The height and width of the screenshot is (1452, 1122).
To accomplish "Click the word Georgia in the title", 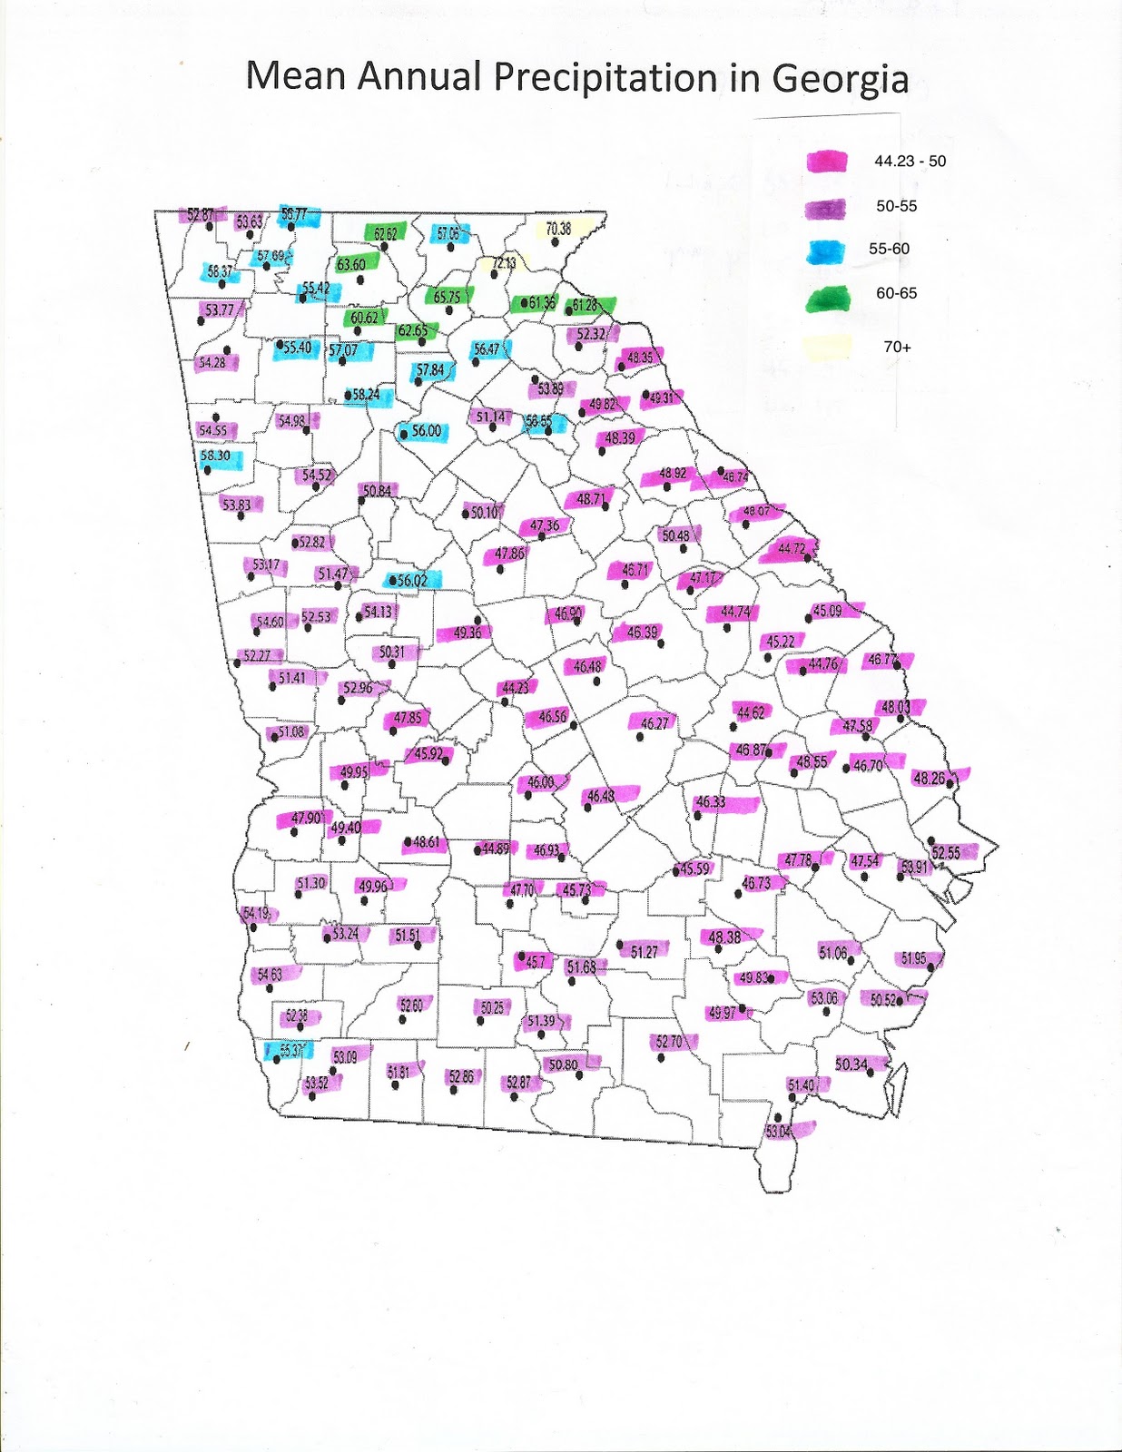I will pos(840,79).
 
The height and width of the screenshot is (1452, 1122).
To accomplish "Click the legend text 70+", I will pos(897,347).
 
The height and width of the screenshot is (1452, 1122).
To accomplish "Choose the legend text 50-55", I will pos(896,207).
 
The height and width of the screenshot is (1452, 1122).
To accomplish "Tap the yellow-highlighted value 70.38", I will pos(558,229).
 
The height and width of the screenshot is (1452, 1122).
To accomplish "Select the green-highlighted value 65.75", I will pos(447,297).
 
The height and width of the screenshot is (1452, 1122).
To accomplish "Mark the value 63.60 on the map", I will pos(350,265).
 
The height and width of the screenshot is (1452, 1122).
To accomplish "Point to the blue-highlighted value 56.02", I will pos(412,580).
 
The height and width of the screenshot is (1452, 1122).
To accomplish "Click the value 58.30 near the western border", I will pos(215,456).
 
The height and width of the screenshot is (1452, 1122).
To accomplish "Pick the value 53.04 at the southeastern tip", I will pos(779,1131).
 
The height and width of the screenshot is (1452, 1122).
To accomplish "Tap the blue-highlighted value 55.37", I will pos(290,1050).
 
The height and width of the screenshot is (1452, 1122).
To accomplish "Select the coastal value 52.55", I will pos(945,853).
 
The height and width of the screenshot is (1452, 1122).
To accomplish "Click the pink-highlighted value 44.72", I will pos(792,548).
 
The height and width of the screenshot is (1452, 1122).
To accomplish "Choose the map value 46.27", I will pos(654,723).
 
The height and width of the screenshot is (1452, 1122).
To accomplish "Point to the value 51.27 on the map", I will pos(644,951).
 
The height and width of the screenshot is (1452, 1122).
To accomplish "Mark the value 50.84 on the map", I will pos(377,491).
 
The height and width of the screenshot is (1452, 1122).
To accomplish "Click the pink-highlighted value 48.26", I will pos(929,778).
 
